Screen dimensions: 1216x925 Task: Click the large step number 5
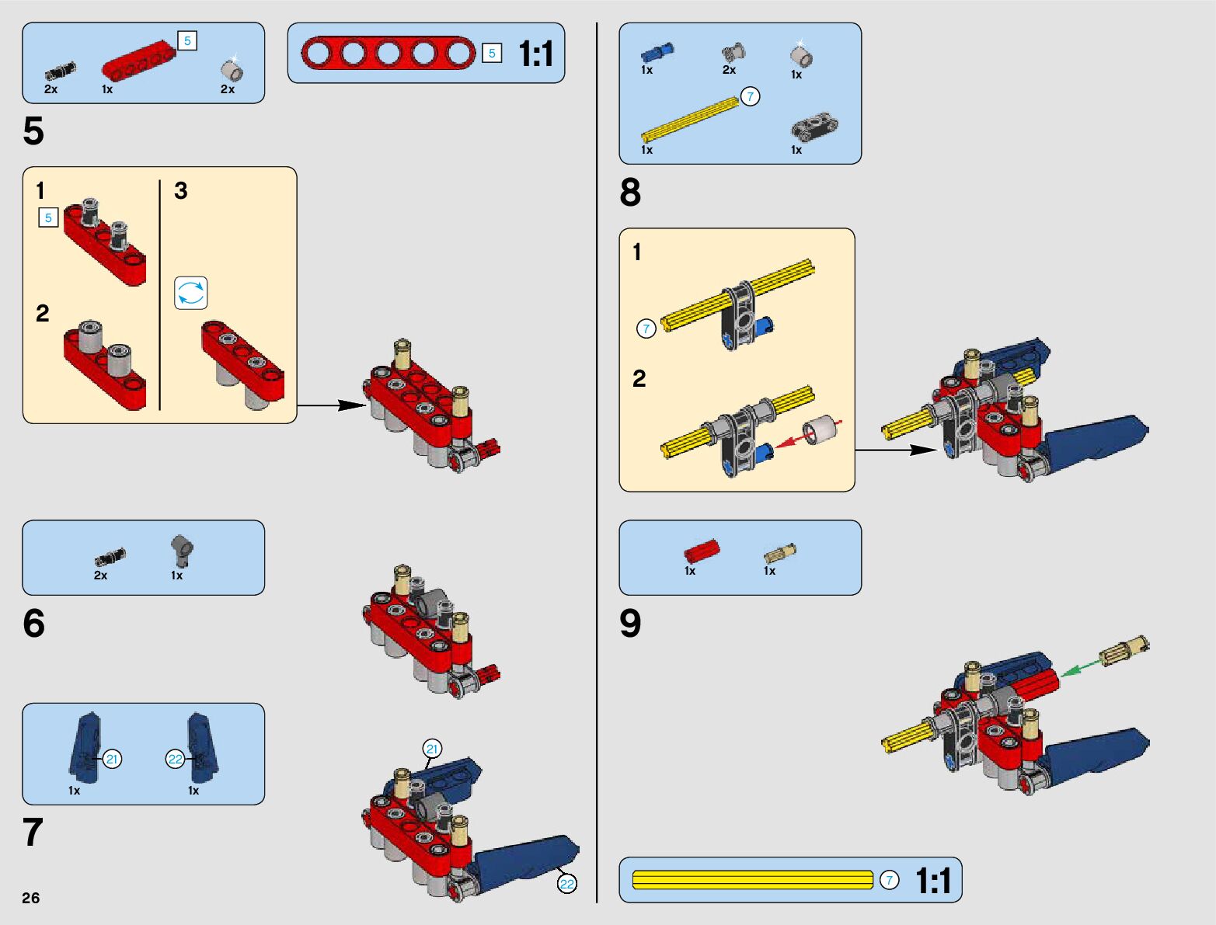pos(33,131)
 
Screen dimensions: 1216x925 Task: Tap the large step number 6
pos(33,624)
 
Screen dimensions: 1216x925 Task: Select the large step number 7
pos(33,832)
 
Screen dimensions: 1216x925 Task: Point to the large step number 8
pos(630,192)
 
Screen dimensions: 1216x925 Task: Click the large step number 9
pos(630,624)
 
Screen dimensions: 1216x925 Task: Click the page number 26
pos(31,898)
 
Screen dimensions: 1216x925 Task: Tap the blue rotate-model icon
pos(190,293)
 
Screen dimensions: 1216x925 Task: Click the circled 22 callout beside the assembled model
pos(566,884)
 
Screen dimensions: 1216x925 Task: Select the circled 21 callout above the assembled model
pos(432,749)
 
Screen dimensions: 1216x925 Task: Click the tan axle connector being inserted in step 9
pos(1124,650)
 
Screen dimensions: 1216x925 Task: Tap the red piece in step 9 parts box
pos(702,551)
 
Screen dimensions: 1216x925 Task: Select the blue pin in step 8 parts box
pos(657,53)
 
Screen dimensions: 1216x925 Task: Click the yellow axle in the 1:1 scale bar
pos(752,880)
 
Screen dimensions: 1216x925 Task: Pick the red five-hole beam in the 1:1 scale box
pos(388,53)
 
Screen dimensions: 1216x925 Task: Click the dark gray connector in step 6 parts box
pos(182,551)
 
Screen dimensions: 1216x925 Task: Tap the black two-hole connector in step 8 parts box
pos(814,128)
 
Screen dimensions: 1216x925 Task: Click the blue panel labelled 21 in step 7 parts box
pos(86,747)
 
